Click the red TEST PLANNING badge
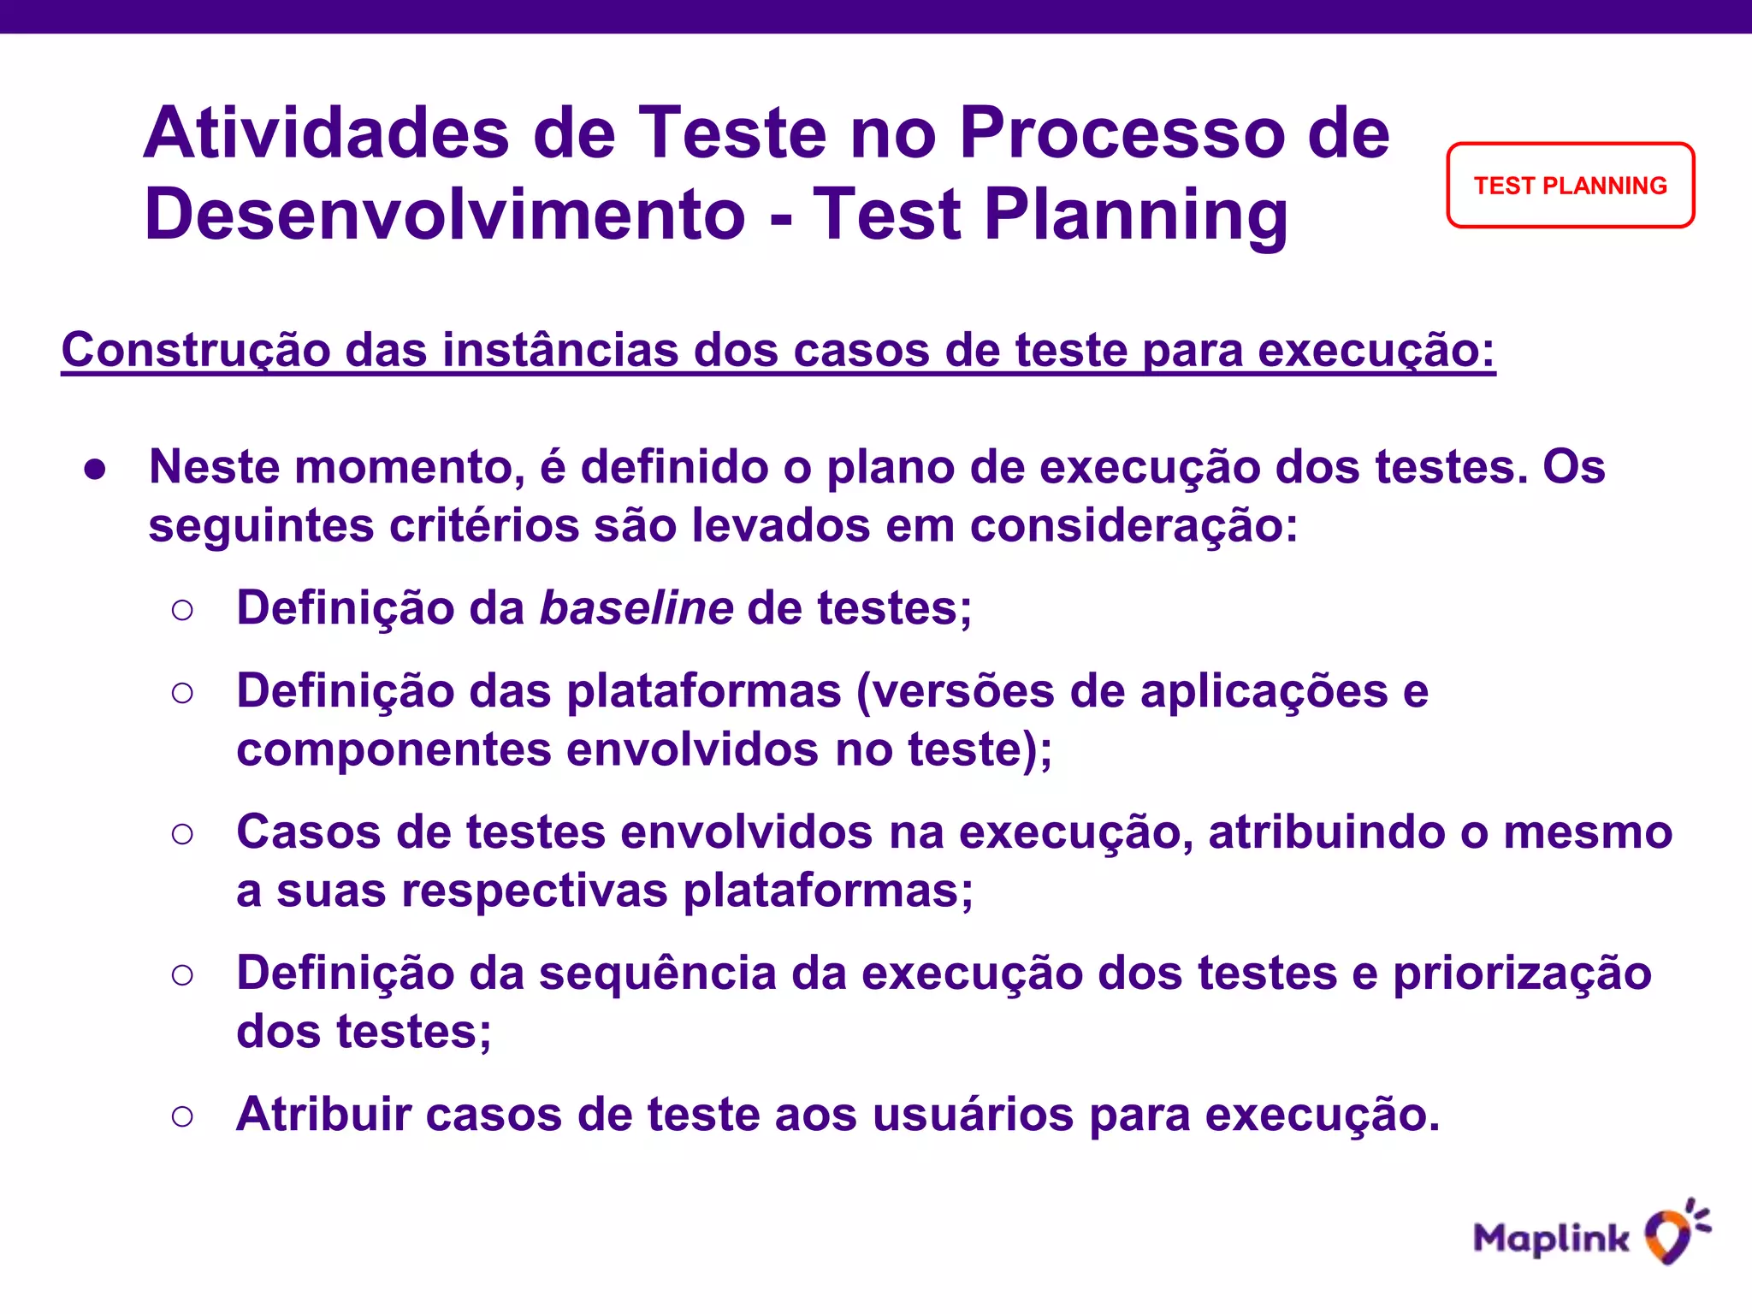click(x=1570, y=186)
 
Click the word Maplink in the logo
click(x=1551, y=1239)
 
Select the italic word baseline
click(x=636, y=608)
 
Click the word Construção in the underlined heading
click(x=195, y=350)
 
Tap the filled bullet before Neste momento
click(x=95, y=469)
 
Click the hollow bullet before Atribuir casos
click(x=182, y=1116)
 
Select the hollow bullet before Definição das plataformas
click(x=182, y=692)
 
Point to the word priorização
click(x=1522, y=974)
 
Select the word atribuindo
click(x=1327, y=832)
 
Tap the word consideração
click(x=1133, y=525)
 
